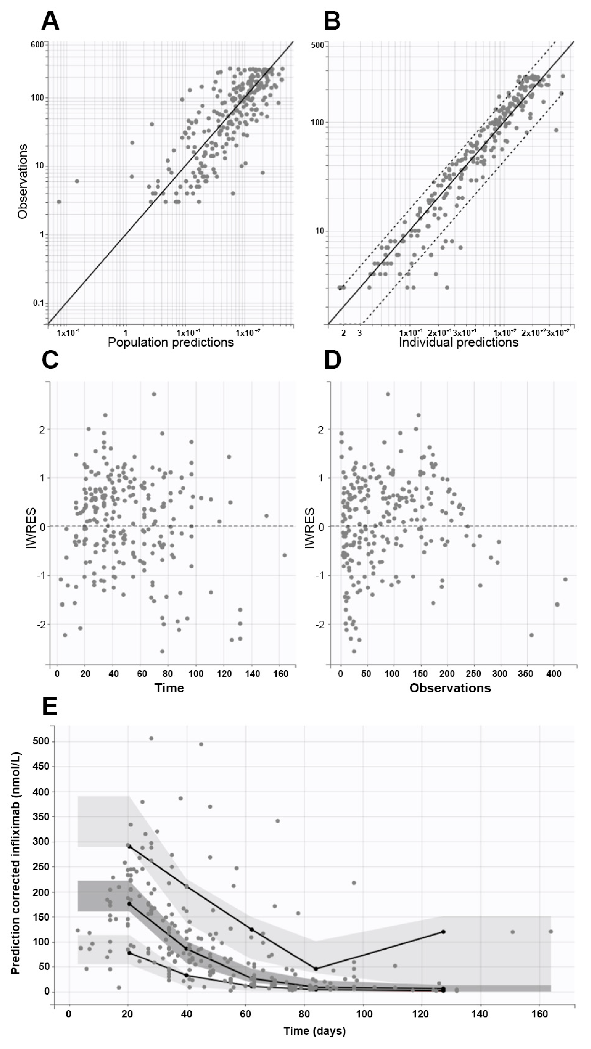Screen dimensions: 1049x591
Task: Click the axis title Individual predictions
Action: pyautogui.click(x=458, y=342)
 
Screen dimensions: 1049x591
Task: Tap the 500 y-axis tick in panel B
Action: pyautogui.click(x=318, y=45)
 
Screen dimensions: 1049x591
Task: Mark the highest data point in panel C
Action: pyautogui.click(x=154, y=394)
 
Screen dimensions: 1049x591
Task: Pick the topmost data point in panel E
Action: pyautogui.click(x=151, y=738)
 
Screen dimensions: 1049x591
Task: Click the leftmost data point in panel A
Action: pyautogui.click(x=59, y=202)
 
